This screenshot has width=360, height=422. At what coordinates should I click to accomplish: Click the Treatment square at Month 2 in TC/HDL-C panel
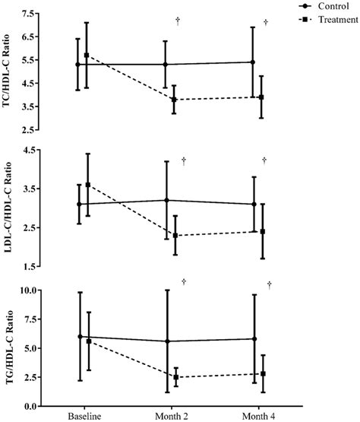174,99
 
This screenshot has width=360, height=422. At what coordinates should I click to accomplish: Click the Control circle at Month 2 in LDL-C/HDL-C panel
166,200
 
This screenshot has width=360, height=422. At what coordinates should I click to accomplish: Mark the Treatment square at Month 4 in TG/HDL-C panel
263,373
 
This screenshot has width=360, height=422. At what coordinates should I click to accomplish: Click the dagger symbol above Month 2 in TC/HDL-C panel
177,21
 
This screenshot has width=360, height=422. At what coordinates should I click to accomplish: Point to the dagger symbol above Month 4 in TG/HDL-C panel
269,284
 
